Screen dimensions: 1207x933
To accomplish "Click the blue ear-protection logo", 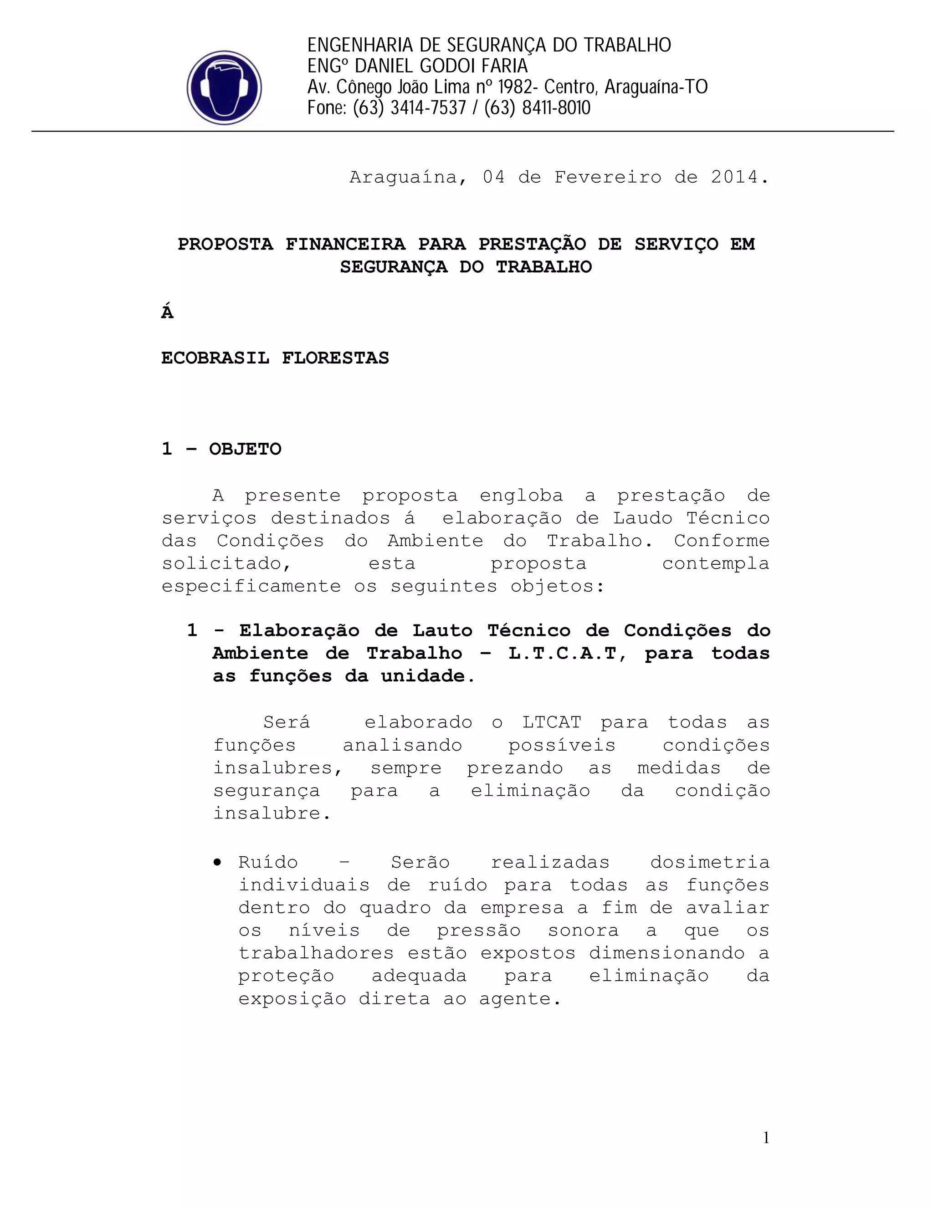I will (224, 87).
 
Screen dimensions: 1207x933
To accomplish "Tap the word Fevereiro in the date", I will (607, 177).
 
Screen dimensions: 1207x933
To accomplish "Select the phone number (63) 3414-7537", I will (410, 108).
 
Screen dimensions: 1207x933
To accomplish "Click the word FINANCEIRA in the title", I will (345, 244).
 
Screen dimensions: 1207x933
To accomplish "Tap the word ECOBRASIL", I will (215, 358).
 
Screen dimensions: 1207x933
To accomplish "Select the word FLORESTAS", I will (335, 358).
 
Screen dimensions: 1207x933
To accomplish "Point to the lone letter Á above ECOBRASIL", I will (167, 312).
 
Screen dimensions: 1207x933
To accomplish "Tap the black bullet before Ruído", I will (218, 863).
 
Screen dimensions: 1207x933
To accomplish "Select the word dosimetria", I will (710, 863).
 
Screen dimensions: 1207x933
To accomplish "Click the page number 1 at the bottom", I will (766, 1138).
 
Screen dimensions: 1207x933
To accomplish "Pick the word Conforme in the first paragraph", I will (721, 541).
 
